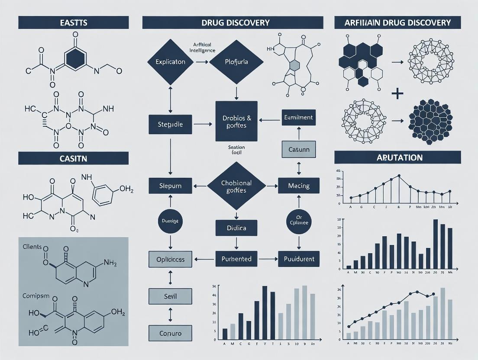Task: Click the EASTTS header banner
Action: (x=73, y=22)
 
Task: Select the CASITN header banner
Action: (x=73, y=158)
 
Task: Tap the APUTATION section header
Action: (x=397, y=157)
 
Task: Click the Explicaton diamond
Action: (x=170, y=62)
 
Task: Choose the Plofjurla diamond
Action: (x=236, y=62)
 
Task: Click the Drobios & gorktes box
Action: (x=236, y=121)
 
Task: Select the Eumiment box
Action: (x=298, y=117)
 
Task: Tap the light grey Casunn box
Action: (x=298, y=149)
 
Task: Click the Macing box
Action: (x=299, y=186)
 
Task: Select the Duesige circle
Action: (x=170, y=220)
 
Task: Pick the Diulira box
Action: (x=236, y=228)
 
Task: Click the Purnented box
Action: (x=236, y=259)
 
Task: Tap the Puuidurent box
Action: (x=299, y=259)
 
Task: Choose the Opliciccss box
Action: (x=170, y=259)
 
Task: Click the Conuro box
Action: (x=170, y=333)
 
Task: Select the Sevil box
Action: (x=170, y=296)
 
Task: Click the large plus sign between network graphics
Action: (x=397, y=94)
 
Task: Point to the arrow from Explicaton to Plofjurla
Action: (x=202, y=62)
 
